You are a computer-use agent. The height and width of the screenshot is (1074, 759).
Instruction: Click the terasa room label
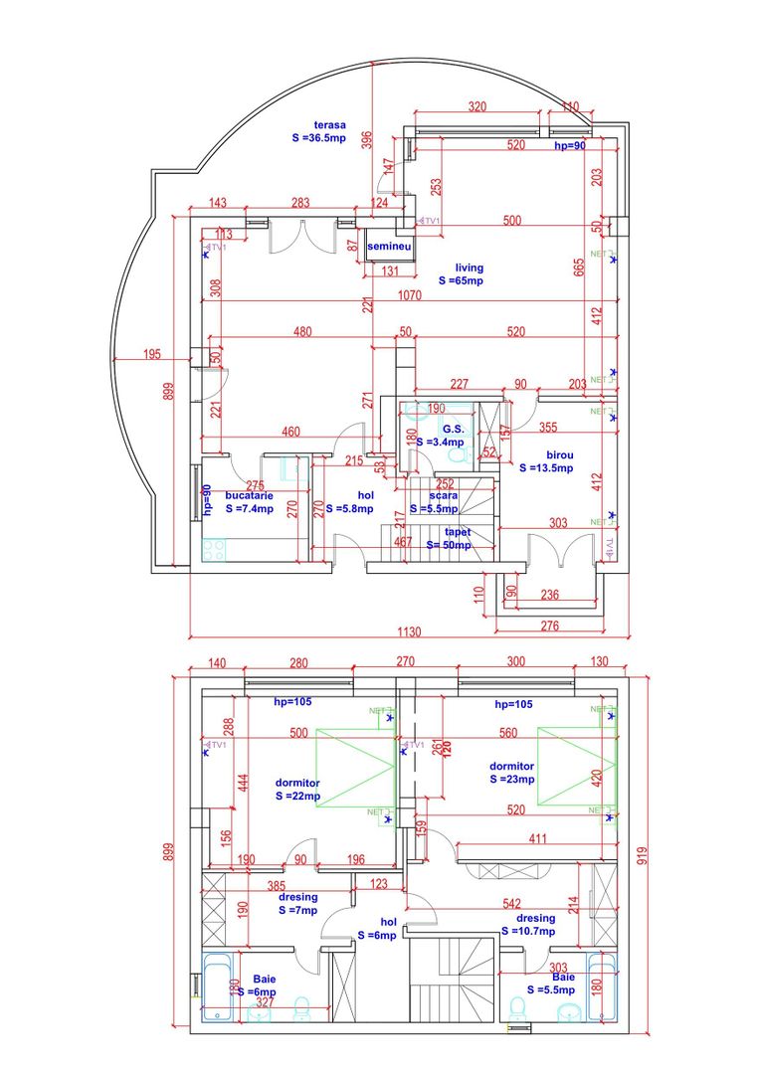319,132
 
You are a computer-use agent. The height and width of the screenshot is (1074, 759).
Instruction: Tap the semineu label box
388,246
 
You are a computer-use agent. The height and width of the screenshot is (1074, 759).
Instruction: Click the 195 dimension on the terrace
152,354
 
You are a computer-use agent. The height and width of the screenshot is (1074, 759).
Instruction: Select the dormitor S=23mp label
512,773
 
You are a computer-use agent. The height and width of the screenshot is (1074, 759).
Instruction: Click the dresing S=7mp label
297,903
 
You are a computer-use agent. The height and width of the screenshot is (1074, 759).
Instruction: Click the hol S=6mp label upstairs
377,928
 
